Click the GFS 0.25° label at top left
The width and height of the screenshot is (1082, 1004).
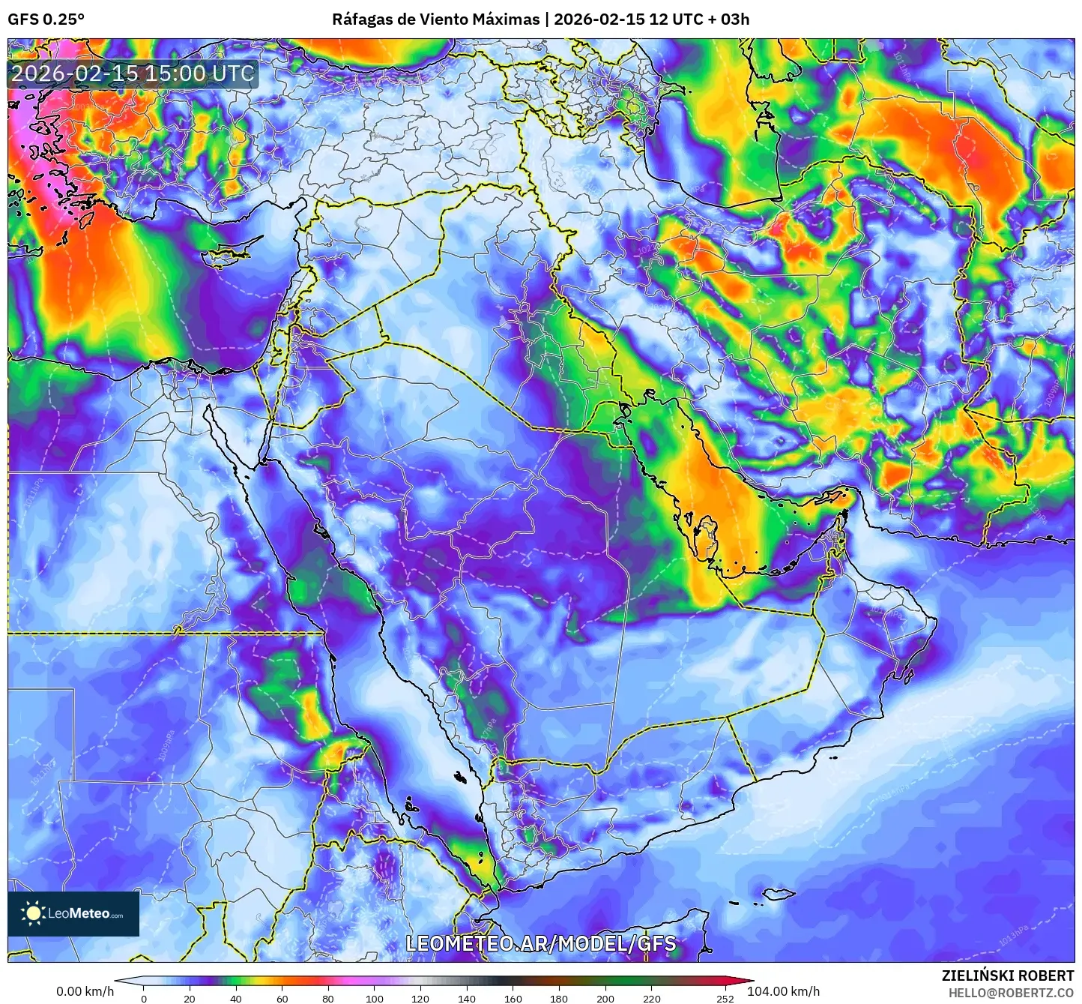[x=46, y=19]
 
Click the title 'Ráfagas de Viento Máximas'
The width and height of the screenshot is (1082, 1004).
[x=435, y=19]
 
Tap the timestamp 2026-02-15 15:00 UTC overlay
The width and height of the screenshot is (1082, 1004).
[x=133, y=73]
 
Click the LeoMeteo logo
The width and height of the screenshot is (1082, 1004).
[x=73, y=913]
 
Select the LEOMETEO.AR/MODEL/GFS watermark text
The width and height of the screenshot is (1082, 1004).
[x=540, y=943]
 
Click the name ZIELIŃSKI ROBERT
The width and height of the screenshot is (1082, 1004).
[x=1008, y=976]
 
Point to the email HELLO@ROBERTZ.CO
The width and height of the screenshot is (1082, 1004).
[x=1011, y=993]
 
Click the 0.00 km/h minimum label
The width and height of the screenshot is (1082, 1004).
[x=85, y=991]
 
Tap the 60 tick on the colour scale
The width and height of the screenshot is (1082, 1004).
[x=282, y=998]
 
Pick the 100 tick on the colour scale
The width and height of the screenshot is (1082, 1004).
[x=374, y=998]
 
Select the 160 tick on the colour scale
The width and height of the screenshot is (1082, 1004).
[x=513, y=998]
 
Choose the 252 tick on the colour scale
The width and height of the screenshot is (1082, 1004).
[x=724, y=998]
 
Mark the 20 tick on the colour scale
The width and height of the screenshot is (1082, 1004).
[x=190, y=998]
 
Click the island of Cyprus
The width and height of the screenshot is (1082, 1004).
[x=231, y=251]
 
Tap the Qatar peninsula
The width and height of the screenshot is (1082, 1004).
[x=706, y=536]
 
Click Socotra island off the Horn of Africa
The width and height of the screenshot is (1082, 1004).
[x=779, y=894]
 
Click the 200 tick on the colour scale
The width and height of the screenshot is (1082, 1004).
[x=605, y=998]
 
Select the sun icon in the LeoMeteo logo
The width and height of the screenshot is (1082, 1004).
[x=34, y=913]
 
